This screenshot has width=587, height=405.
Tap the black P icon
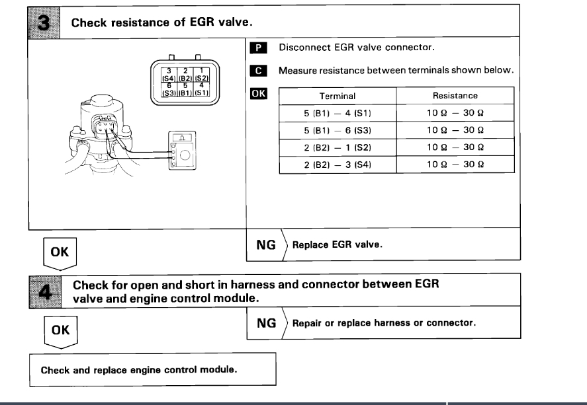coord(259,48)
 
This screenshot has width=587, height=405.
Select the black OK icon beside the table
coord(259,93)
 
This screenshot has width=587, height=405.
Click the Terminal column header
coord(338,96)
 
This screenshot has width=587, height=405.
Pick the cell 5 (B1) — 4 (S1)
coord(338,113)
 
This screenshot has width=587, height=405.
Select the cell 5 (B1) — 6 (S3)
coord(338,130)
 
